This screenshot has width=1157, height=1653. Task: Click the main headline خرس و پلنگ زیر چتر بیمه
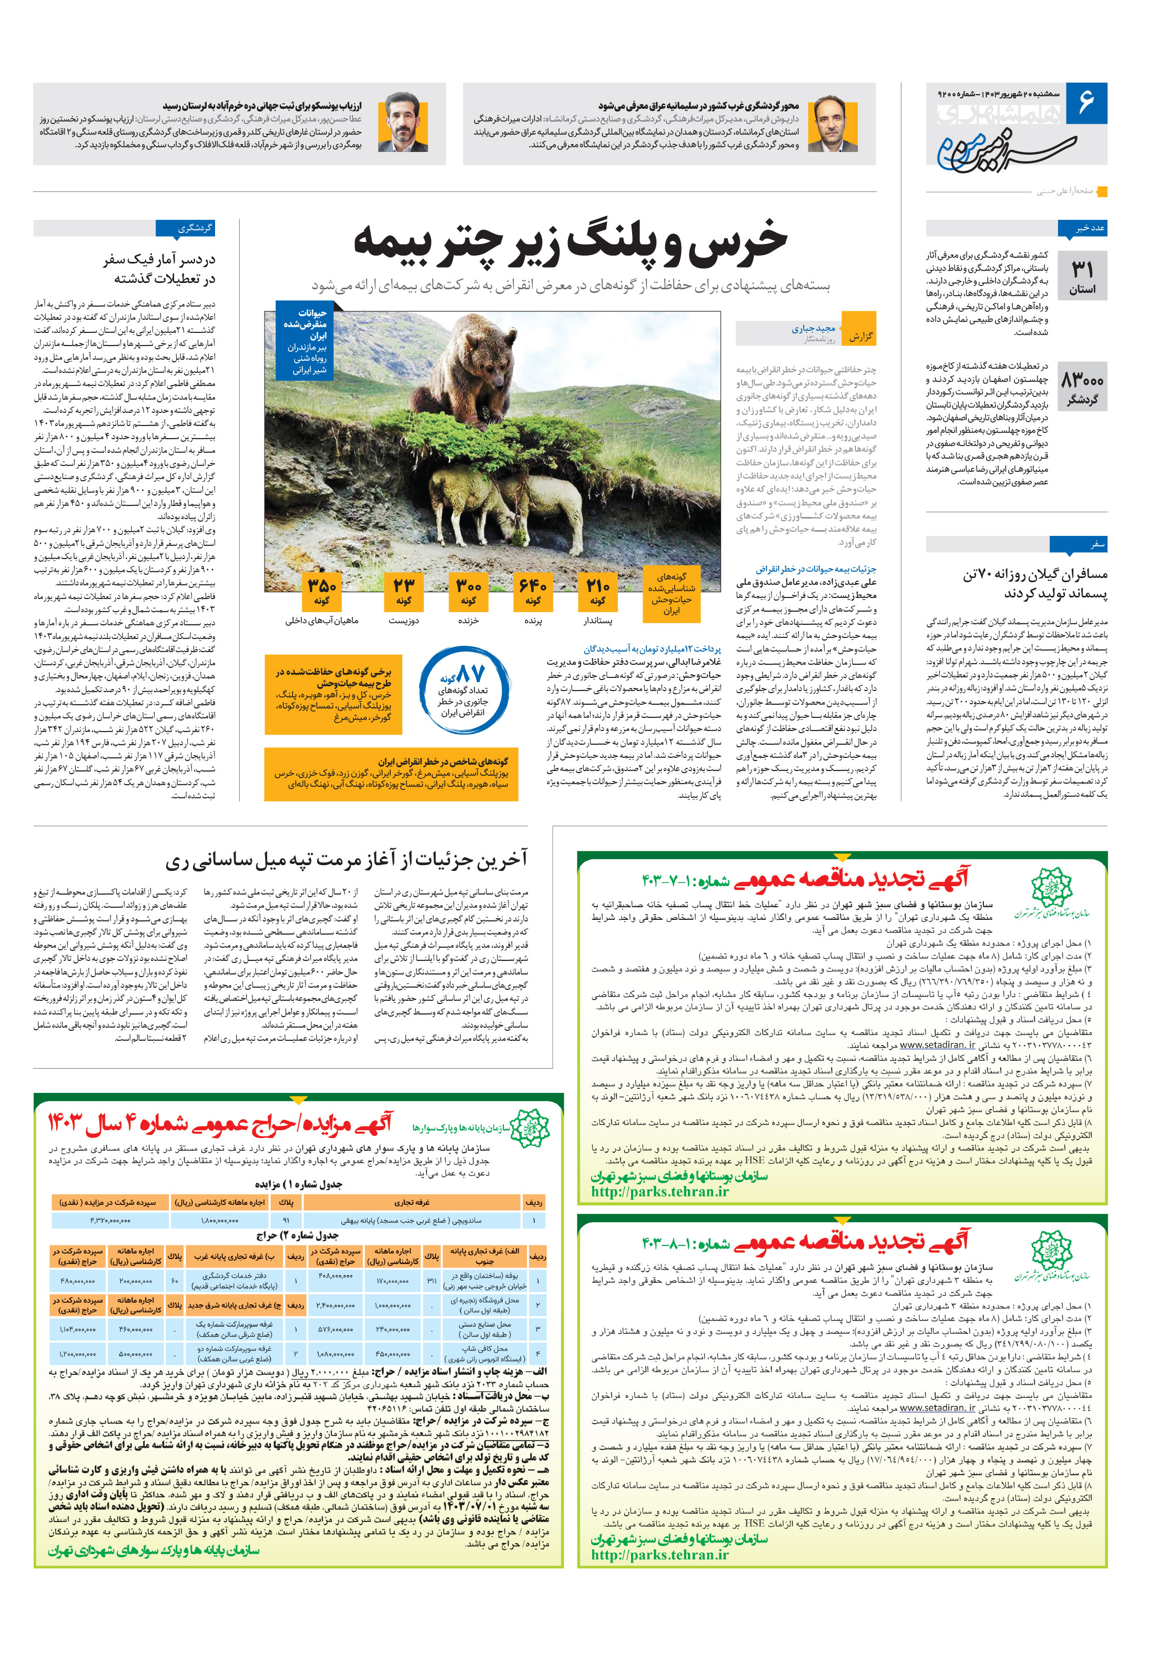pyautogui.click(x=570, y=240)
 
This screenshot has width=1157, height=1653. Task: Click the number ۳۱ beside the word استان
pyautogui.click(x=1082, y=269)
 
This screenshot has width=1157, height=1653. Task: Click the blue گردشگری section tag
pyautogui.click(x=185, y=228)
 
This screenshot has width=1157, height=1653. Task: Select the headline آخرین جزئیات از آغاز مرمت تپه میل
pyautogui.click(x=347, y=859)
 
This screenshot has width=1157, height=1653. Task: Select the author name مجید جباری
pyautogui.click(x=813, y=328)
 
